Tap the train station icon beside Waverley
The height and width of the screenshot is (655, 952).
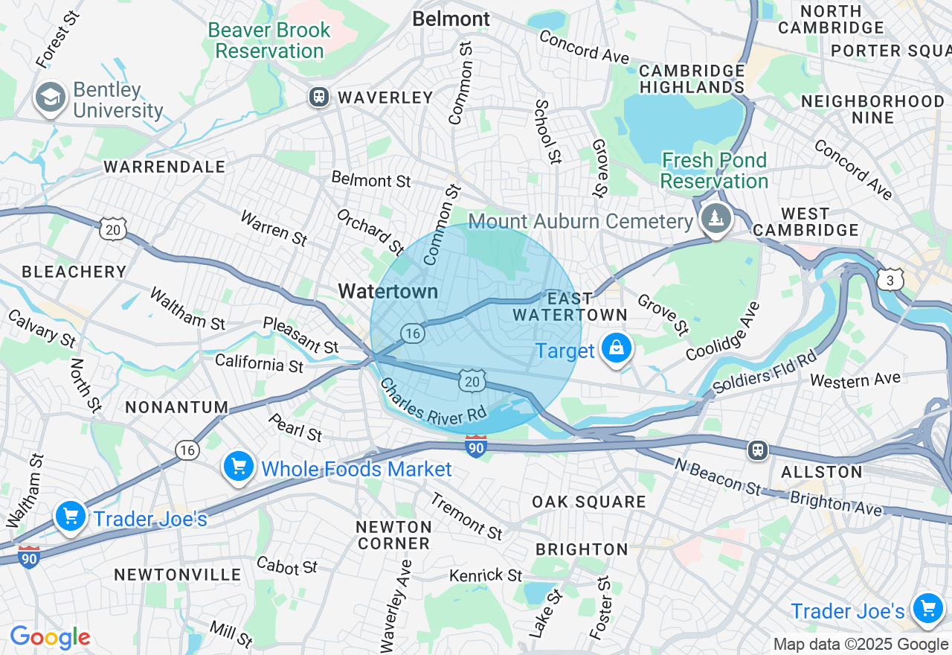click(x=319, y=97)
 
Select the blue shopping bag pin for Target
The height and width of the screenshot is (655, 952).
click(x=617, y=348)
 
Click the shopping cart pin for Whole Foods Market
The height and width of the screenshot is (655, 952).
click(x=238, y=467)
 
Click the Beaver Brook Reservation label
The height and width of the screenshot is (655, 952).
click(x=269, y=41)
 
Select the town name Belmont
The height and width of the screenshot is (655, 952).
click(x=451, y=19)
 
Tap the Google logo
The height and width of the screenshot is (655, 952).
click(x=50, y=637)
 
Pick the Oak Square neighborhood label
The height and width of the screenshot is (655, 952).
click(x=588, y=502)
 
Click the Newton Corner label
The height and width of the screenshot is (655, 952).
click(x=393, y=535)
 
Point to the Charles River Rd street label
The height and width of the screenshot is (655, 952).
click(x=433, y=402)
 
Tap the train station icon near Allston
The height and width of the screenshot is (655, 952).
click(x=757, y=450)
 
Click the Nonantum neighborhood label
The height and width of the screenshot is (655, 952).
click(x=177, y=407)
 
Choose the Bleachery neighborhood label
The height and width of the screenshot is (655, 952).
click(x=74, y=272)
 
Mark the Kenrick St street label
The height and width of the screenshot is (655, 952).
click(x=486, y=575)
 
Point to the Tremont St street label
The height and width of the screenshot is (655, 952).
click(x=466, y=516)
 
